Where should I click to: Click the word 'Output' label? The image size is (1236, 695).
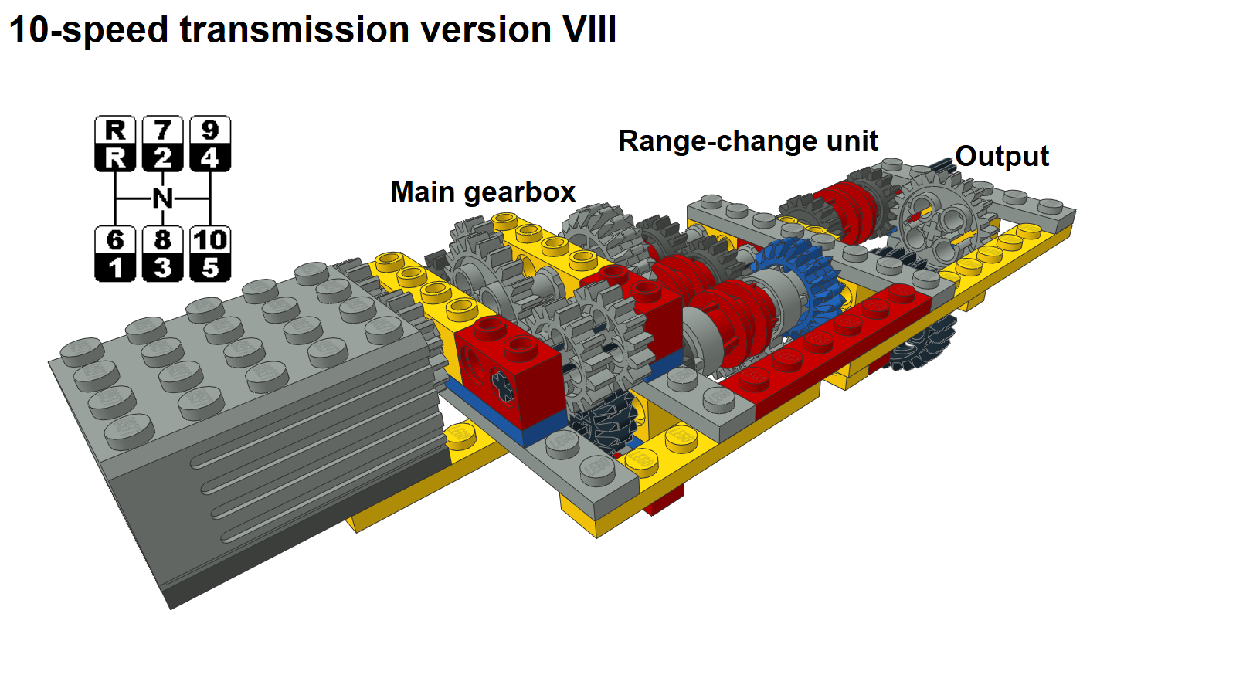1001,157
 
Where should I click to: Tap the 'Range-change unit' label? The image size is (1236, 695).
748,141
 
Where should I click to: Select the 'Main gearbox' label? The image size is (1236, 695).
483,192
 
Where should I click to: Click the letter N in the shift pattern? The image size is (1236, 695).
162,198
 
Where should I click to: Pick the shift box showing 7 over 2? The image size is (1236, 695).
162,144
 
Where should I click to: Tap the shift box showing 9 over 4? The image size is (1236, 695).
210,144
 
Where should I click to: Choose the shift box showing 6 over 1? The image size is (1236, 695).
115,254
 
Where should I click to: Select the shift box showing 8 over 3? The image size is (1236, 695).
162,254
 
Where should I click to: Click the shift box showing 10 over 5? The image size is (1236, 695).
210,254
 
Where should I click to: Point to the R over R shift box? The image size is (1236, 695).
115,144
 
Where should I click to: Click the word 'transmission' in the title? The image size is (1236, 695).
294,29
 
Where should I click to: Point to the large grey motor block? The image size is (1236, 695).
248,419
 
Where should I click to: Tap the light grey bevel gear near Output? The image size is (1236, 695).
937,221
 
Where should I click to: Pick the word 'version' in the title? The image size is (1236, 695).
486,29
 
